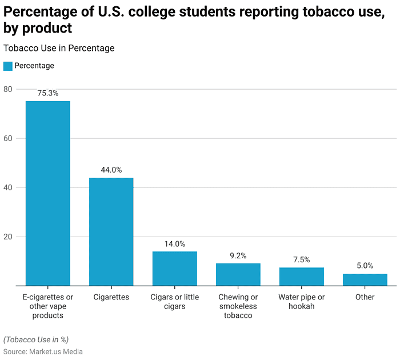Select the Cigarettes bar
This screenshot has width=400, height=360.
click(111, 231)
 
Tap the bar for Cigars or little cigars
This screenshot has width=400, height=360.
click(175, 269)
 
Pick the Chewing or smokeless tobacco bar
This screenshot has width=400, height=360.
click(238, 274)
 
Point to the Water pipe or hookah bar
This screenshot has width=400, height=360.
click(302, 277)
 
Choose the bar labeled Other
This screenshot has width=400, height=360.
click(365, 279)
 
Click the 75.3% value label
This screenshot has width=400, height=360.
click(48, 93)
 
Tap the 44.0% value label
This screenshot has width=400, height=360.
click(111, 170)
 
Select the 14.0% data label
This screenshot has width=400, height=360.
click(175, 244)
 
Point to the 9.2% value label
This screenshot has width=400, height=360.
click(238, 255)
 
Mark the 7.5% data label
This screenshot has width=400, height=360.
click(302, 260)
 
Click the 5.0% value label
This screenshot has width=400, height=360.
click(365, 266)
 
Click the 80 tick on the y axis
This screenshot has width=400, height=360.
click(7, 89)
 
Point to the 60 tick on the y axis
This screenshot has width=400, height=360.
click(7, 138)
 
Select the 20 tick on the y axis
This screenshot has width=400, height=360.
click(7, 237)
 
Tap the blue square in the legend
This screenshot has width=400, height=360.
click(7, 66)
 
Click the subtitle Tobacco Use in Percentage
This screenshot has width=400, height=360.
click(59, 49)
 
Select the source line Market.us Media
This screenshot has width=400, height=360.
click(43, 351)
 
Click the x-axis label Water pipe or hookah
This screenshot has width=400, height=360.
click(302, 302)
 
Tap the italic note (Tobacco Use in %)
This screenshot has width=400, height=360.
click(36, 339)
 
